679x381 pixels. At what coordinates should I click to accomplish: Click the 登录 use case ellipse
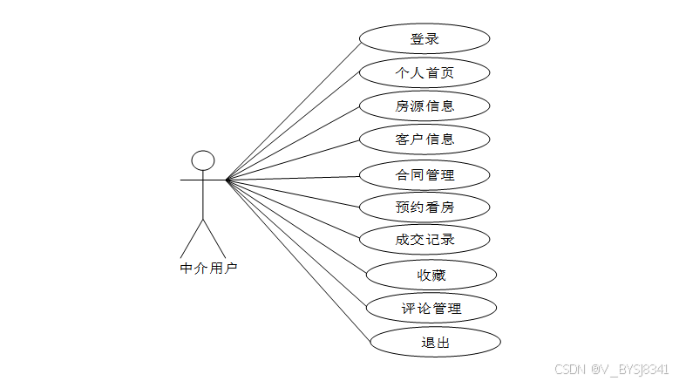pyautogui.click(x=424, y=39)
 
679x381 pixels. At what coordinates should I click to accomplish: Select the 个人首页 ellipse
pyautogui.click(x=424, y=72)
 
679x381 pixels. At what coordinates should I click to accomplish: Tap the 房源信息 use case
pyautogui.click(x=424, y=105)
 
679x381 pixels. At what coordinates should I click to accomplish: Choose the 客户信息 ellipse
pyautogui.click(x=424, y=139)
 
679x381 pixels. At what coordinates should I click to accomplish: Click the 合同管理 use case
pyautogui.click(x=424, y=174)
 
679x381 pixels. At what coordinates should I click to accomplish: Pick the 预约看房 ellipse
pyautogui.click(x=424, y=208)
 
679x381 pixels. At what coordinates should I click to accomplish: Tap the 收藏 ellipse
pyautogui.click(x=431, y=276)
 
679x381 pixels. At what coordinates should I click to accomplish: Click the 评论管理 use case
pyautogui.click(x=431, y=308)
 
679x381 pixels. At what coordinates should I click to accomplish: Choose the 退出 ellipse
pyautogui.click(x=435, y=342)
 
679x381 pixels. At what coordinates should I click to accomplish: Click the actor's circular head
pyautogui.click(x=203, y=160)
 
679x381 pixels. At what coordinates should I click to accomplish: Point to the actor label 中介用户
pyautogui.click(x=208, y=269)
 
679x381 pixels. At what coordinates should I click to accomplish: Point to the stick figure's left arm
pyautogui.click(x=191, y=180)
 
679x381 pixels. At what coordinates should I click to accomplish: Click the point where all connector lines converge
pyautogui.click(x=227, y=180)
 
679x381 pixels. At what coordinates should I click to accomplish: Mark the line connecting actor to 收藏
pyautogui.click(x=296, y=227)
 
